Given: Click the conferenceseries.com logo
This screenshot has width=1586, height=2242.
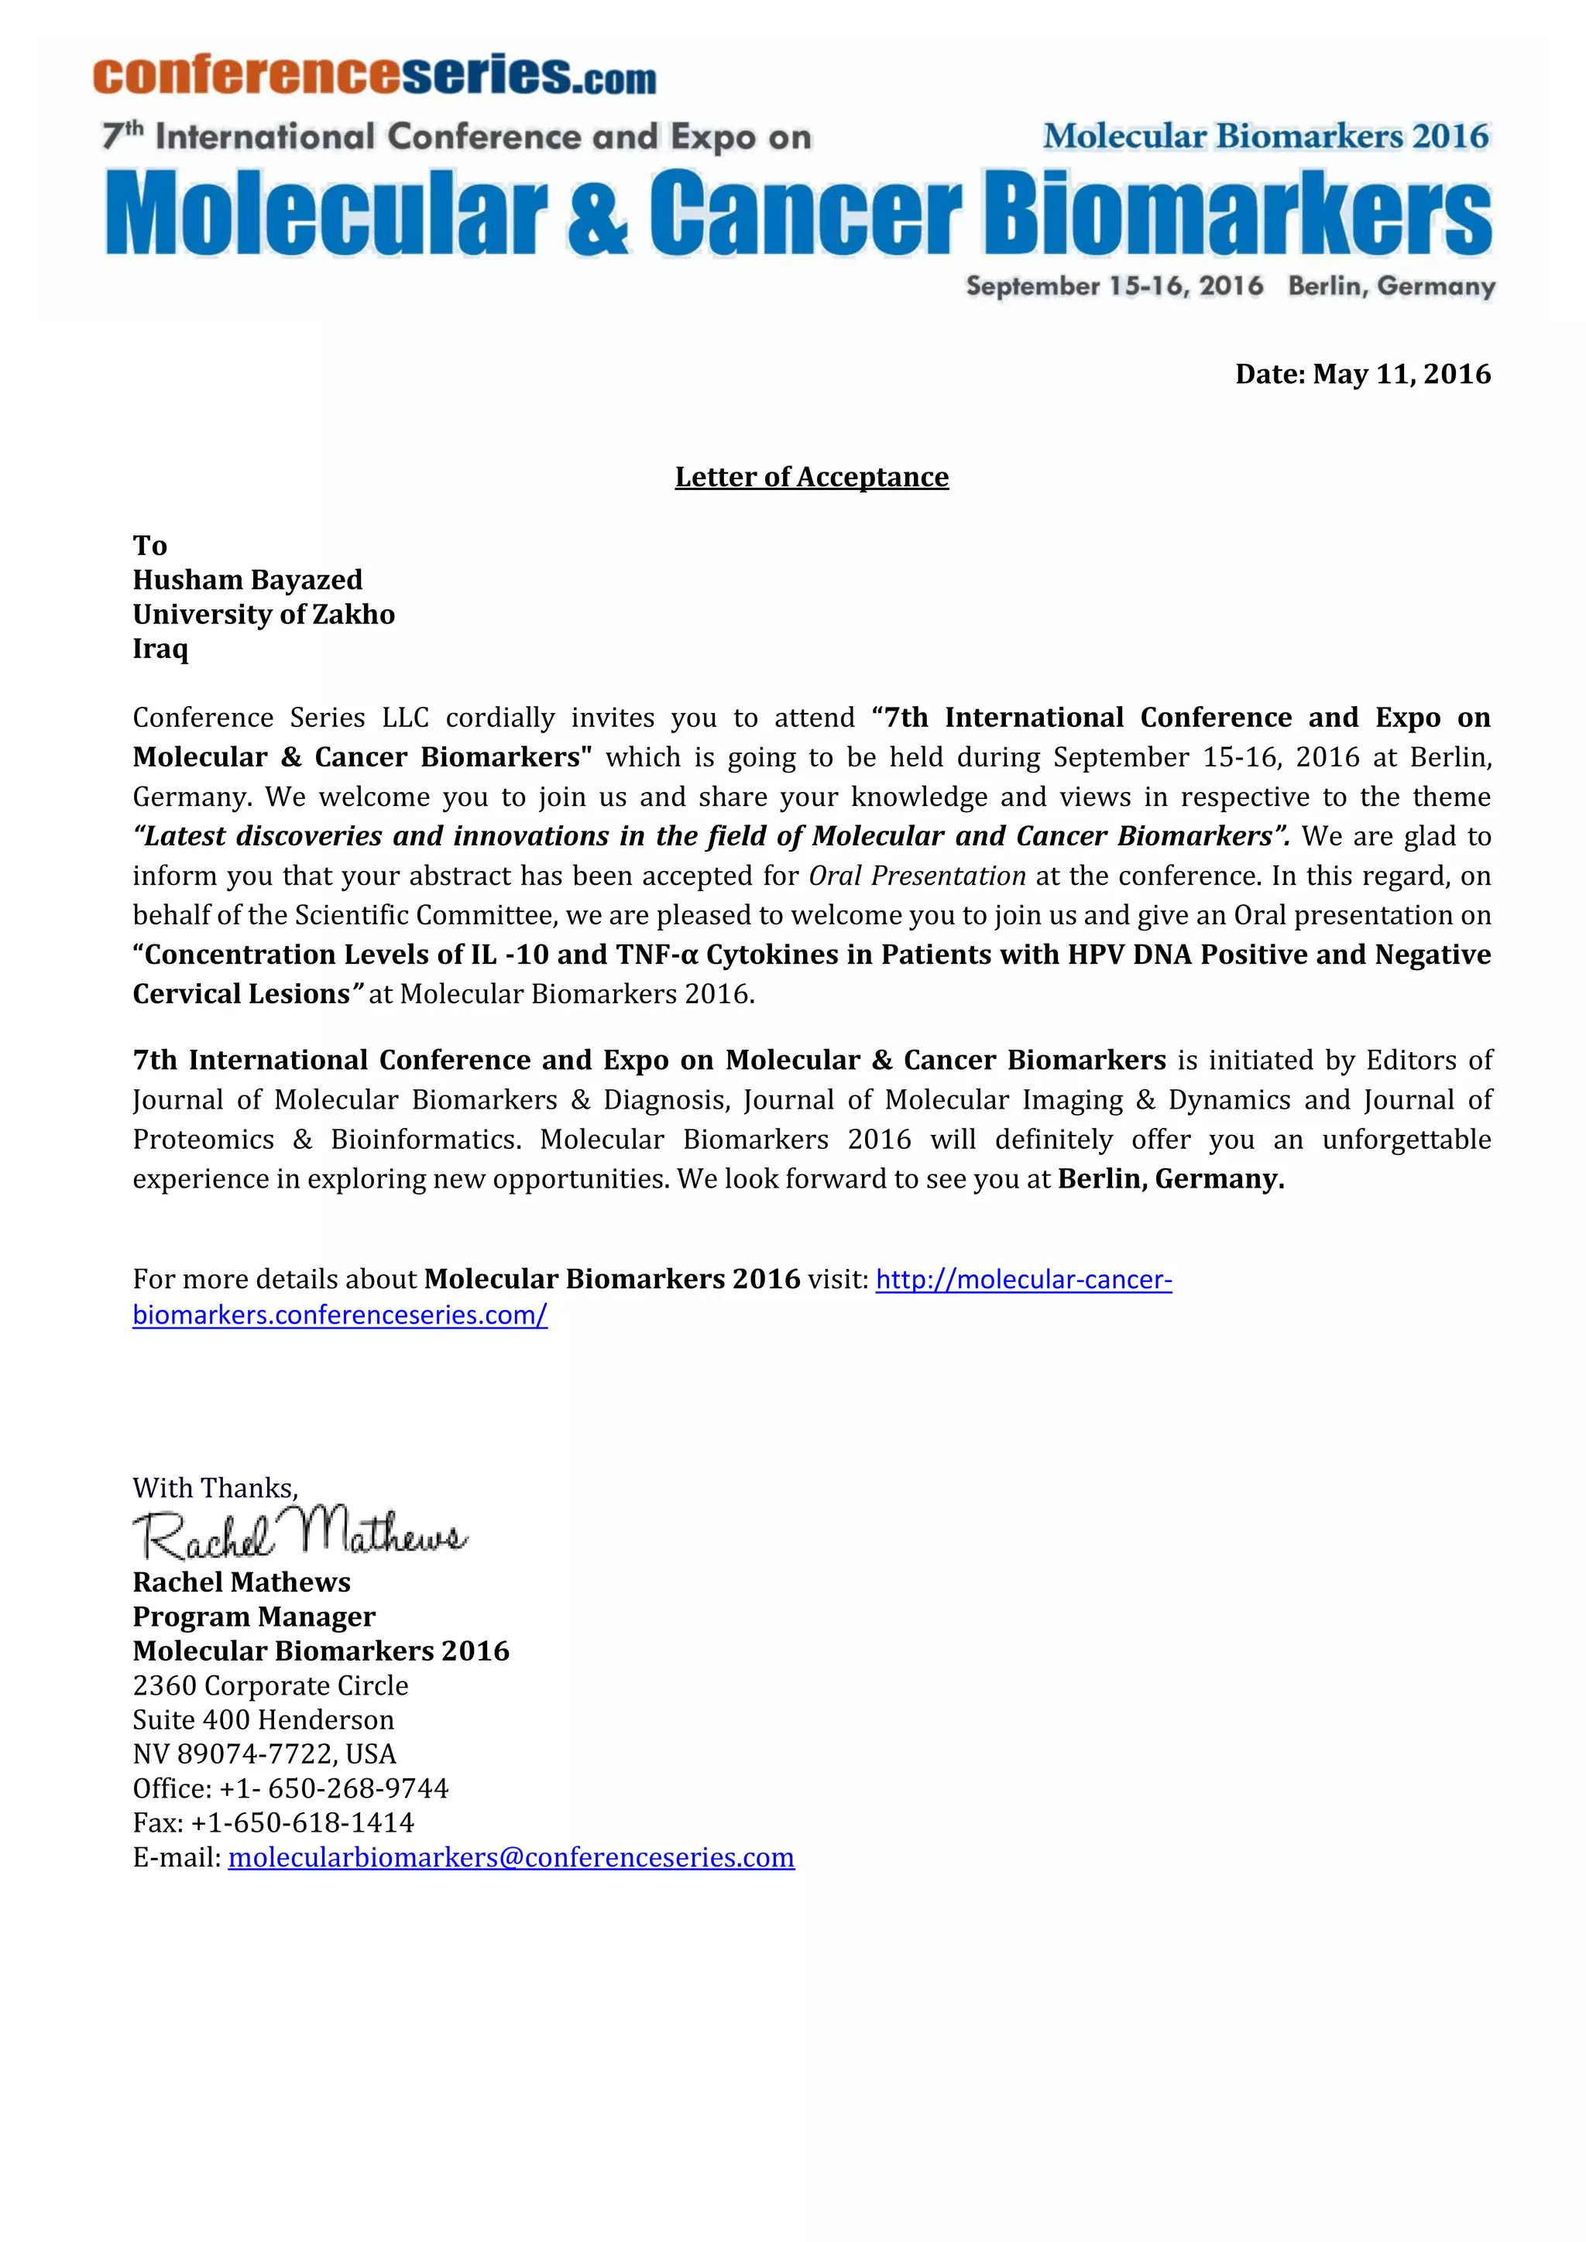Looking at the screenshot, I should tap(374, 75).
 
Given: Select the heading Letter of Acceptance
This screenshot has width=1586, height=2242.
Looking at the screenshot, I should tap(812, 477).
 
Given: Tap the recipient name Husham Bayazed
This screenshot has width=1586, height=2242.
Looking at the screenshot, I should tap(248, 580).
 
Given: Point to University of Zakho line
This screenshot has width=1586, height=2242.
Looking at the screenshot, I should tap(263, 614).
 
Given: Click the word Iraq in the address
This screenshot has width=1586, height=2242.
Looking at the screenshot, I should tap(160, 649).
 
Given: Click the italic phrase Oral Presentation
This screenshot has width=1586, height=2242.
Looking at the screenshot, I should tap(917, 876).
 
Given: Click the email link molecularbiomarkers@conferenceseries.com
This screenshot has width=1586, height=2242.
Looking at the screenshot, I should tap(511, 1857).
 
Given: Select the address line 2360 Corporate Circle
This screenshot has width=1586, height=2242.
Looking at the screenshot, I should tap(270, 1685).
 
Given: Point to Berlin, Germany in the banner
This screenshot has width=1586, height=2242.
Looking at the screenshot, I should tap(1391, 286).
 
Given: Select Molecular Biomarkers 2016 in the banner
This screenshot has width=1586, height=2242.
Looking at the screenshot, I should tap(1265, 137).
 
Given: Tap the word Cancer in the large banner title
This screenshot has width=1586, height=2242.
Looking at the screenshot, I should tap(805, 213).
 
